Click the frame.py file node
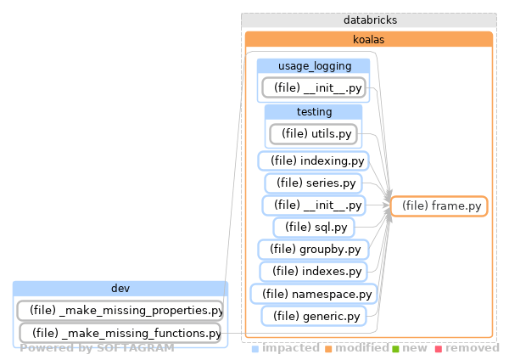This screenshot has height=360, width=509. coord(439,205)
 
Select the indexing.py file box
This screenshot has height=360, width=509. coord(313,160)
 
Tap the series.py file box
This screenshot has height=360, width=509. coord(313,183)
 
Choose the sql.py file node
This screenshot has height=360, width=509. coord(313,228)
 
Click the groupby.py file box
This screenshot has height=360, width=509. coord(313,250)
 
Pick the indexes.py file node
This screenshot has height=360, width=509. coord(313,272)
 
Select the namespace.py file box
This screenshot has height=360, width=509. coord(313,294)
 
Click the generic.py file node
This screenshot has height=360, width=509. coord(313,316)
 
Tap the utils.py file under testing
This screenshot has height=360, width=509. coord(313,133)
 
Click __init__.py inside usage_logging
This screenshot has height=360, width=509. coord(313,87)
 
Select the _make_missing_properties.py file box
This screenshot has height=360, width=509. coord(120,310)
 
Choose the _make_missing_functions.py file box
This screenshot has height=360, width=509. coord(120,333)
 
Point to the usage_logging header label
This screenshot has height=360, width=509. coord(313,66)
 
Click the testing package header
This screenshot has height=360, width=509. coord(313,112)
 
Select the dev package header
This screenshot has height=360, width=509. coord(120,289)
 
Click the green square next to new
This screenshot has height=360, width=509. coord(394,349)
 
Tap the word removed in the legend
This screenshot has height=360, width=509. coord(472,348)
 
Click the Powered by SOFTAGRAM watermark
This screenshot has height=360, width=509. coord(97,348)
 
